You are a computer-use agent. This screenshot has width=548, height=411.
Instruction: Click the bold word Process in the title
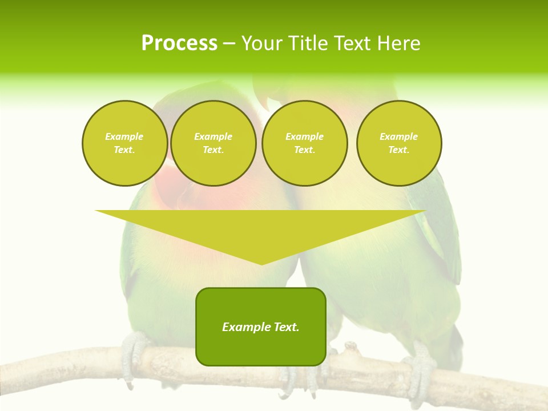[x=179, y=43]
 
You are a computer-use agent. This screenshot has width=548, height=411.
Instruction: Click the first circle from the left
[x=124, y=143]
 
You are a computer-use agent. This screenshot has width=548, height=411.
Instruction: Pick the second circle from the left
[x=213, y=143]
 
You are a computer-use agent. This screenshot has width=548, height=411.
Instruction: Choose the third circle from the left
[x=304, y=143]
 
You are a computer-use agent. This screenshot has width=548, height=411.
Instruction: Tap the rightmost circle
[x=398, y=143]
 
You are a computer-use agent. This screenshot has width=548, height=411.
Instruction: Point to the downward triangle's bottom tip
[x=261, y=264]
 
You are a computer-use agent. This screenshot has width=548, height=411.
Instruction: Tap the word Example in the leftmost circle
[x=124, y=136]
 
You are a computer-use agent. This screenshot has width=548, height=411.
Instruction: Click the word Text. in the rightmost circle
[x=398, y=150]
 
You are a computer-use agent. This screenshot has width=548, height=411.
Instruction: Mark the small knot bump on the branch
[x=350, y=346]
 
